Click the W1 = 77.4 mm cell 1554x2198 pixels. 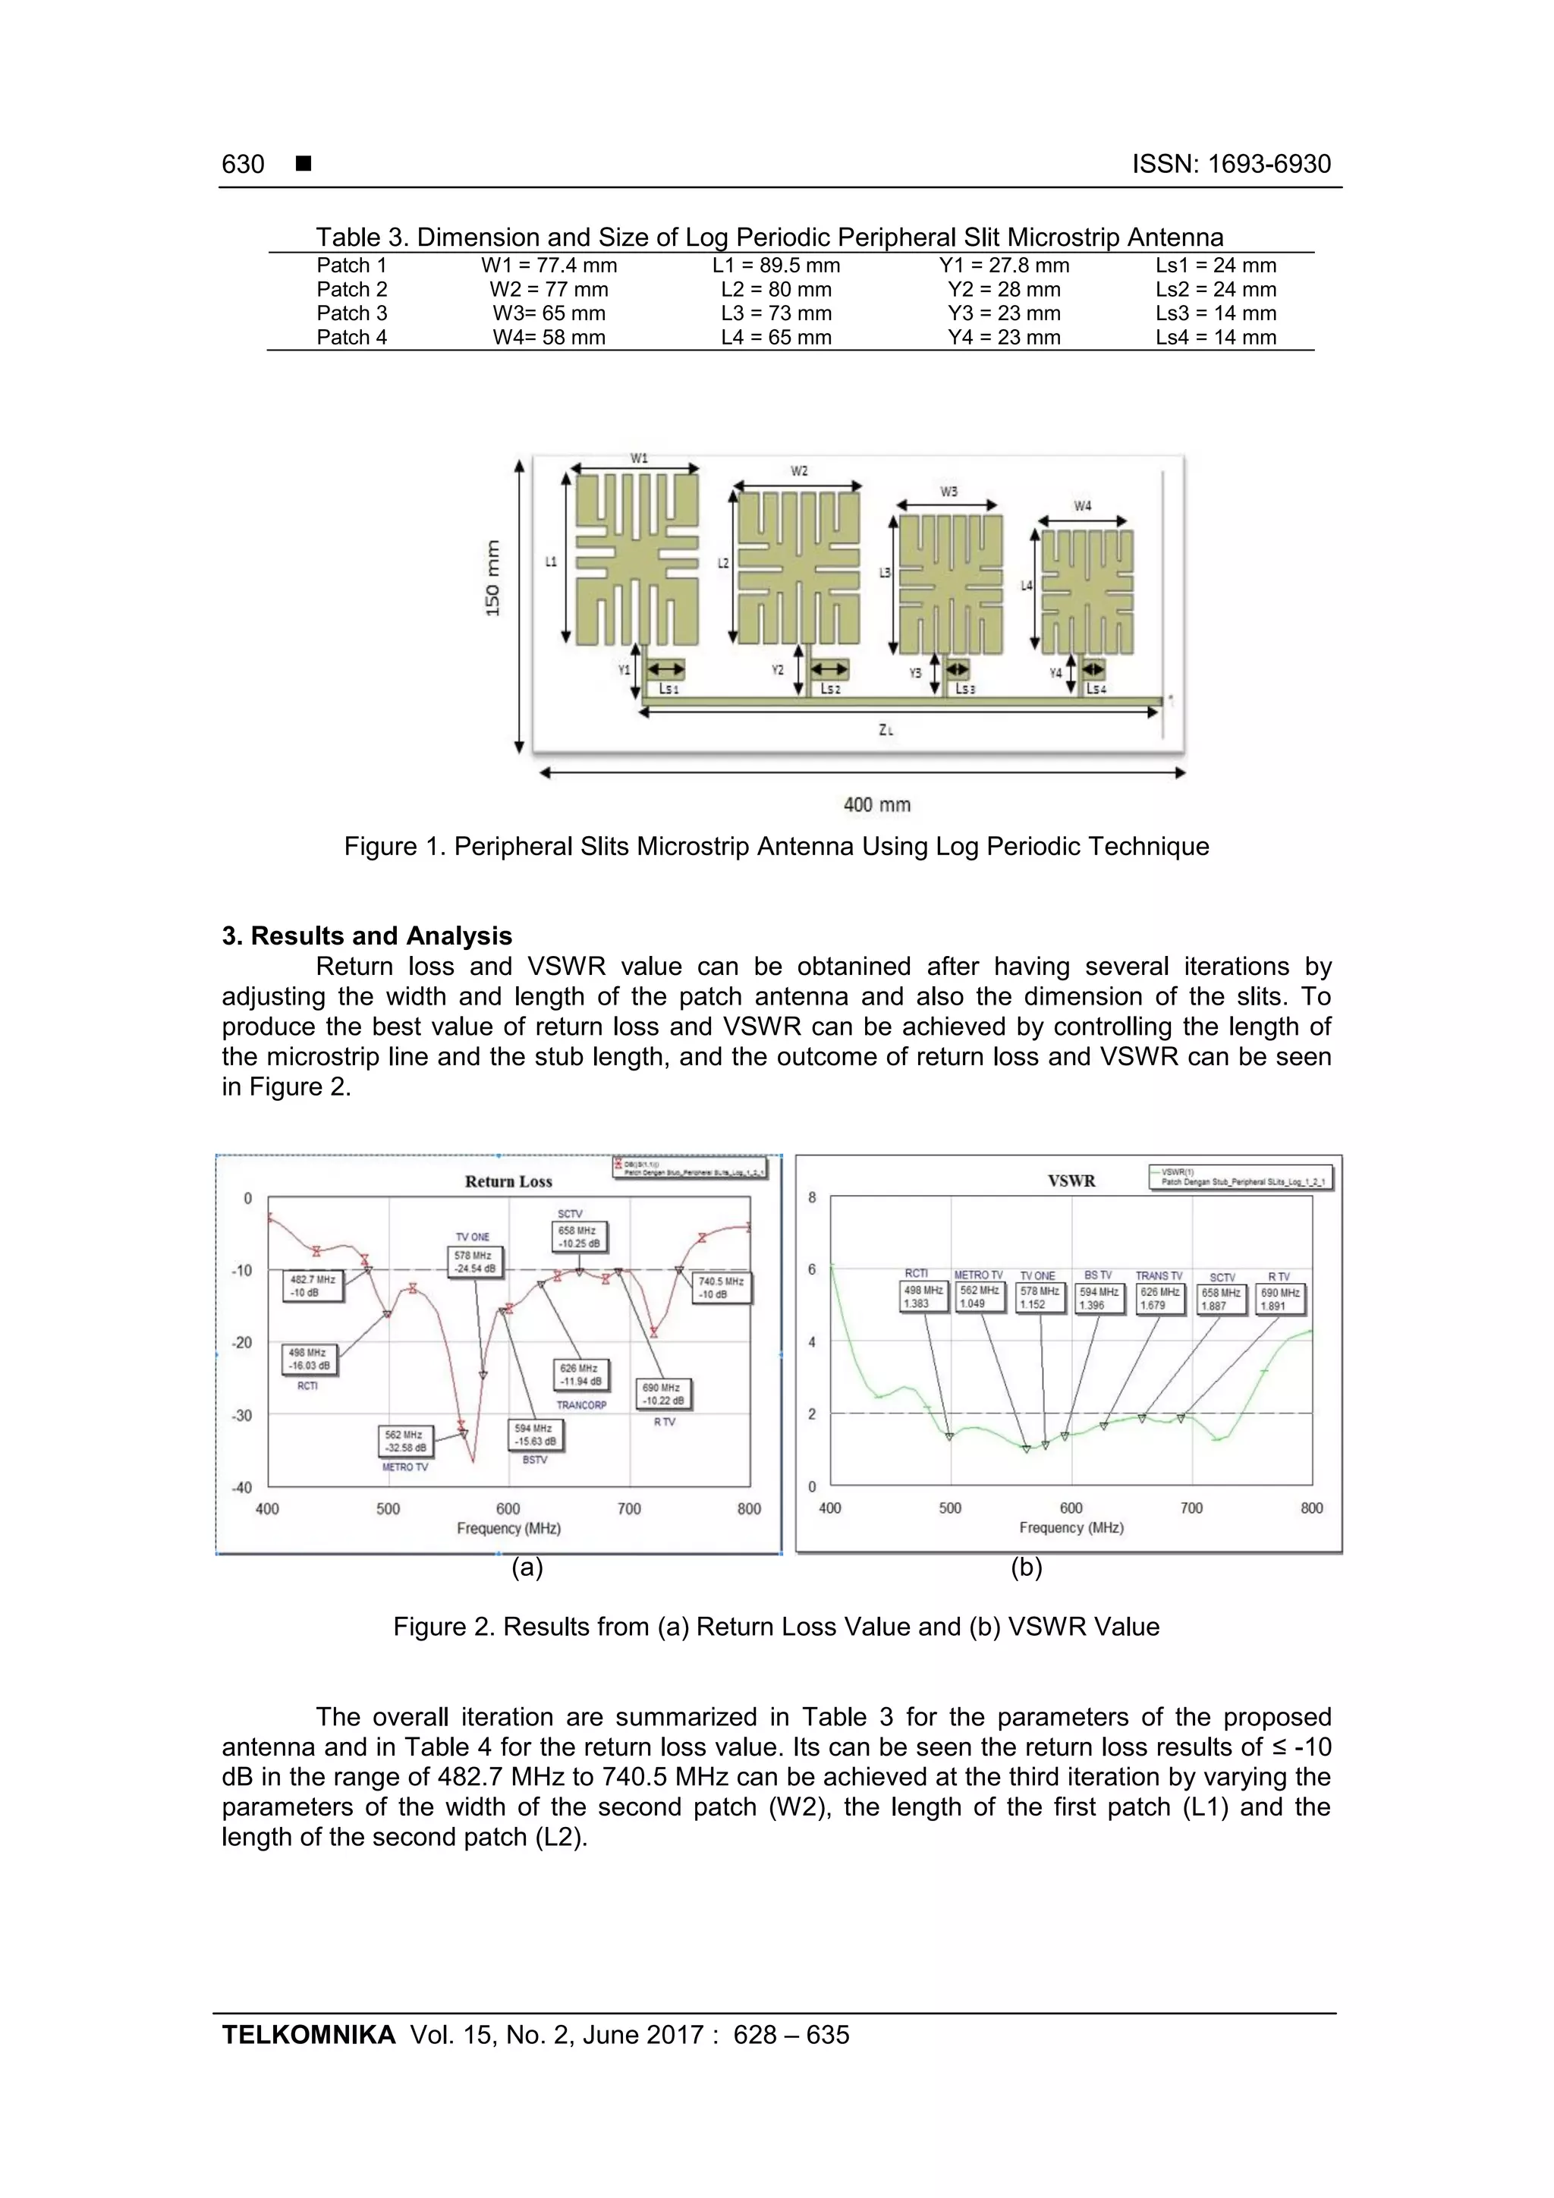[549, 266]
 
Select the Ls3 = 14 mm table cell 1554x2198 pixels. [1215, 313]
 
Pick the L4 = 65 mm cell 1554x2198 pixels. [775, 337]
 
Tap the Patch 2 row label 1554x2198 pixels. [351, 289]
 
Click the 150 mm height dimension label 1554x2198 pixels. [492, 578]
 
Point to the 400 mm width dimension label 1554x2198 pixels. [876, 805]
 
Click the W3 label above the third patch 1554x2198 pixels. [948, 491]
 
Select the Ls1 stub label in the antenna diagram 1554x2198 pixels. [668, 689]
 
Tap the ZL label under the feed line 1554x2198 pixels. [886, 729]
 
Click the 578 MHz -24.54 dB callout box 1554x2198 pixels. [475, 1262]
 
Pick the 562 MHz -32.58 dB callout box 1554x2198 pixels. [405, 1441]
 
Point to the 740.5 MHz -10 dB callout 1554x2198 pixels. [721, 1288]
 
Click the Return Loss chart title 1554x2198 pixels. [508, 1181]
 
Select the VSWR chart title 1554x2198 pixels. [1071, 1181]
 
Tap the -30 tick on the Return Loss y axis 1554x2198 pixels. [241, 1415]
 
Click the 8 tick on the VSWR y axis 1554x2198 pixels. [812, 1197]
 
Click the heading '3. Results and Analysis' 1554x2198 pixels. [366, 935]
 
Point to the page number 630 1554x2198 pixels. [244, 164]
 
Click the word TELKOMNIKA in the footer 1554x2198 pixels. [308, 2034]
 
